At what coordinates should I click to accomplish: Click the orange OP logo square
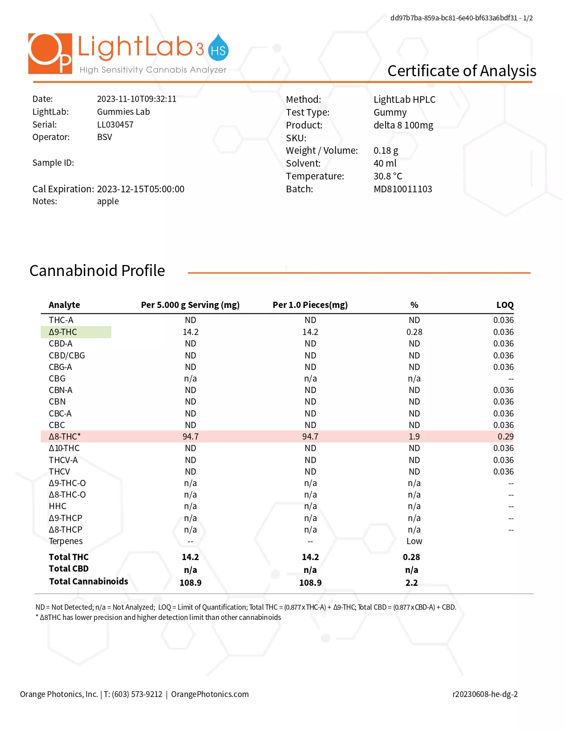[x=50, y=53]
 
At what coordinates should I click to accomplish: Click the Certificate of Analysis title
[x=461, y=71]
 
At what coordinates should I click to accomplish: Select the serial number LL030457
[x=115, y=125]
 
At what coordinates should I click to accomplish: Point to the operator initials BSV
[x=105, y=137]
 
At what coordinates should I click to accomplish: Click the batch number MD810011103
[x=402, y=189]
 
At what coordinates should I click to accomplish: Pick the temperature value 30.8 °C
[x=388, y=176]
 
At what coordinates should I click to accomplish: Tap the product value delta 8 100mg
[x=403, y=125]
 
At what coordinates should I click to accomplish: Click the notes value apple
[x=108, y=202]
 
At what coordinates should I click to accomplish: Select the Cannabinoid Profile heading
[x=97, y=270]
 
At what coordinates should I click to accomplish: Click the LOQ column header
[x=505, y=305]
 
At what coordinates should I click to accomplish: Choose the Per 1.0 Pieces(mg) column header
[x=310, y=305]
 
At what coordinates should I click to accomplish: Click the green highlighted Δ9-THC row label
[x=76, y=332]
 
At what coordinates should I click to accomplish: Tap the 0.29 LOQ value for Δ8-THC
[x=505, y=436]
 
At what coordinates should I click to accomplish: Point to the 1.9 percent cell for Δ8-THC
[x=414, y=436]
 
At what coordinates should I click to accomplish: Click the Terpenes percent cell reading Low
[x=414, y=541]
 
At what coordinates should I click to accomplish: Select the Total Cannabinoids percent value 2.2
[x=411, y=583]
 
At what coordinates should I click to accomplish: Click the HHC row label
[x=57, y=506]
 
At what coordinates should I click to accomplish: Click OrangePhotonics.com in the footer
[x=210, y=694]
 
